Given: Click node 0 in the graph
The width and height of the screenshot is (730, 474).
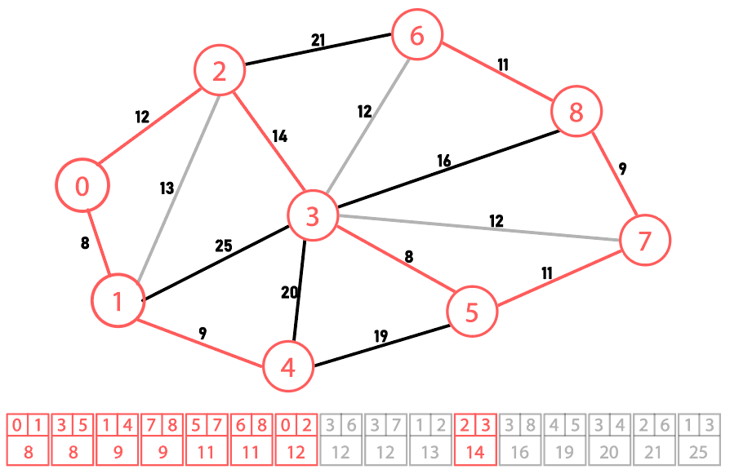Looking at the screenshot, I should tap(82, 186).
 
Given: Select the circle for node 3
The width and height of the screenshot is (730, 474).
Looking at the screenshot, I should tap(312, 216).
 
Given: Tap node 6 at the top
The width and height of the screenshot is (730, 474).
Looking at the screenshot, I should tap(417, 37).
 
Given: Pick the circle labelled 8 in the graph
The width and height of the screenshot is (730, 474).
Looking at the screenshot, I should tap(576, 112).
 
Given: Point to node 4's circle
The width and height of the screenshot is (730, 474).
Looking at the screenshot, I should tap(288, 368).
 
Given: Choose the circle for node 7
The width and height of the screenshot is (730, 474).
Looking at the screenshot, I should tap(644, 241).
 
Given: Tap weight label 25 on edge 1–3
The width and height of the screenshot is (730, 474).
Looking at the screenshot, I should tap(223, 246).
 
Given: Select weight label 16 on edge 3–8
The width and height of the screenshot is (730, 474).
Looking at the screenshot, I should tap(443, 161).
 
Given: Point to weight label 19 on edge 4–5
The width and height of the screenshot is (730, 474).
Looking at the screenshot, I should tap(381, 335).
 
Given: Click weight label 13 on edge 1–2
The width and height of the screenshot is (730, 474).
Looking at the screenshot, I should tap(167, 188).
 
